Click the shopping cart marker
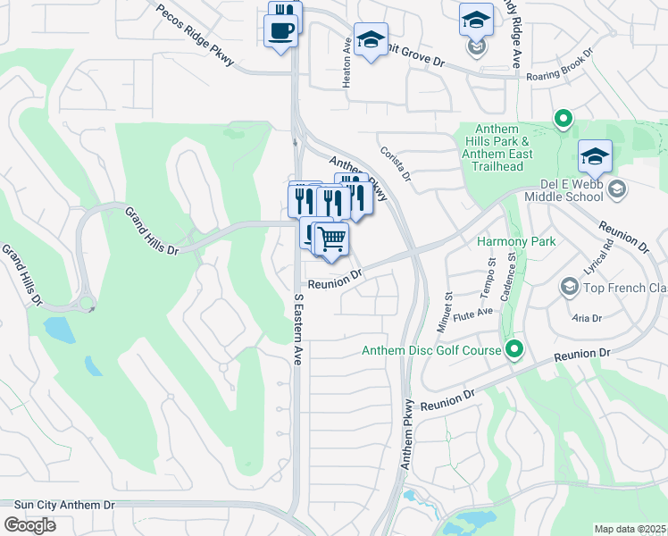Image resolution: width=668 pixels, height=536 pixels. (331, 239)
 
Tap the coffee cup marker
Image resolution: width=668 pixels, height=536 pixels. (280, 30)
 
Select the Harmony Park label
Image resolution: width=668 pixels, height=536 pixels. (516, 241)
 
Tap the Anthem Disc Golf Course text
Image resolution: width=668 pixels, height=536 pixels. (431, 350)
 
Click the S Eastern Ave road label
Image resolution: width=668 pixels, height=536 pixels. (298, 327)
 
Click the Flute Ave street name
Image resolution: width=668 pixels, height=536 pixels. (473, 314)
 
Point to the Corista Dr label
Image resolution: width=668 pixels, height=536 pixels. (394, 164)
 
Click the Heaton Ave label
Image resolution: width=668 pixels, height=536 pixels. (347, 62)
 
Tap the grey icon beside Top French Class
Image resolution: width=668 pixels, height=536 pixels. (568, 287)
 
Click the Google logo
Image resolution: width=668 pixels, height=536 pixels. (29, 525)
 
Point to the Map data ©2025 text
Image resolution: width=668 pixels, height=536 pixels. (630, 529)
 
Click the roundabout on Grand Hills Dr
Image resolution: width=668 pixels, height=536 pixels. (87, 306)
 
